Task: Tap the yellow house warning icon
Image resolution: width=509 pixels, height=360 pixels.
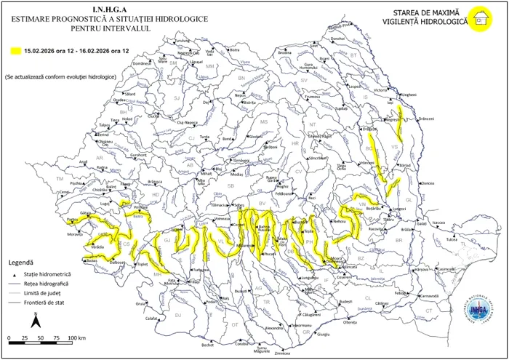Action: coord(478,19)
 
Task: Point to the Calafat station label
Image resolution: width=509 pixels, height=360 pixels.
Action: coord(151,318)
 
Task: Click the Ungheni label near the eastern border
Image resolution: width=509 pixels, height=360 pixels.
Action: coord(409,95)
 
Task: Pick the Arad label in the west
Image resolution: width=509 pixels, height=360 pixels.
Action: coord(83,161)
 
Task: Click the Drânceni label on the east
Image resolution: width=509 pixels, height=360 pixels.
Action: coord(426,119)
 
